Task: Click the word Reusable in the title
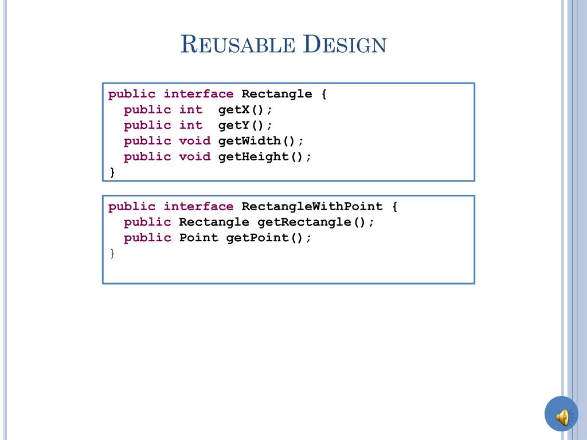[x=237, y=45]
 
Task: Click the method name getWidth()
[x=261, y=141]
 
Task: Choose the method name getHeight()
[x=265, y=156]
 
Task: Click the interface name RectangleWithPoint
[x=312, y=206]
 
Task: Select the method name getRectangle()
[x=315, y=222]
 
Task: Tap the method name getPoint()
[x=269, y=238]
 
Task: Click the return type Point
[x=198, y=238]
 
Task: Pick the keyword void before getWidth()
[x=195, y=141]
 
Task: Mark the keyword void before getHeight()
[x=195, y=156]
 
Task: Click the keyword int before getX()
[x=191, y=109]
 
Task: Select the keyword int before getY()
[x=191, y=125]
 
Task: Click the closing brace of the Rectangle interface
[x=112, y=172]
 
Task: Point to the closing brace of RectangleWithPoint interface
[x=112, y=253]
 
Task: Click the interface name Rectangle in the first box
[x=277, y=94]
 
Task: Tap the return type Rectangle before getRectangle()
[x=214, y=222]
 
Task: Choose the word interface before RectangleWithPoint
[x=198, y=206]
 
